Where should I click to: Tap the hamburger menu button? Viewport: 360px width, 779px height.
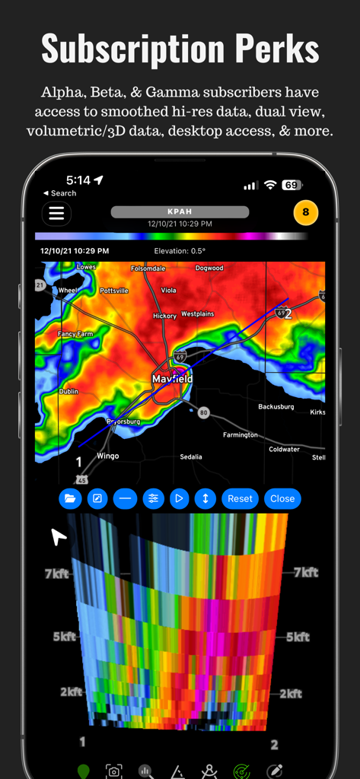coord(56,214)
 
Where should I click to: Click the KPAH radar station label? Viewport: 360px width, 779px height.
coord(180,212)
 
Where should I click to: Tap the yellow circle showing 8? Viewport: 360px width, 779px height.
coord(305,213)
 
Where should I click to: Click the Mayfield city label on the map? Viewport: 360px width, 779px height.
coord(172,379)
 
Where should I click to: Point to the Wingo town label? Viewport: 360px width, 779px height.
coord(107,456)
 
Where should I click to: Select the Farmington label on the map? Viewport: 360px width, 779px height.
coord(240,435)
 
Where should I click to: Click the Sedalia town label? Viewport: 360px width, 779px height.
coord(190,457)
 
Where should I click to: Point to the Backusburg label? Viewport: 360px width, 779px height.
coord(276,407)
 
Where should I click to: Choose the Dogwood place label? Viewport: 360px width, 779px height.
coord(209,268)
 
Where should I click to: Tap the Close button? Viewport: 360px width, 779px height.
coord(282,499)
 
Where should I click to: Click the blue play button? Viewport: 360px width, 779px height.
coord(179,499)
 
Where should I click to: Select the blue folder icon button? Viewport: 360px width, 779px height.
coord(70,499)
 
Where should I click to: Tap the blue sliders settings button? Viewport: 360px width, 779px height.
coord(153,499)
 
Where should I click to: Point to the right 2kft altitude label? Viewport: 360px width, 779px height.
coord(291,693)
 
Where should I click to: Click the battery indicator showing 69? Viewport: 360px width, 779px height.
coord(290,185)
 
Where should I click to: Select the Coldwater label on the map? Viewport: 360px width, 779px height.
coord(284,450)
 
